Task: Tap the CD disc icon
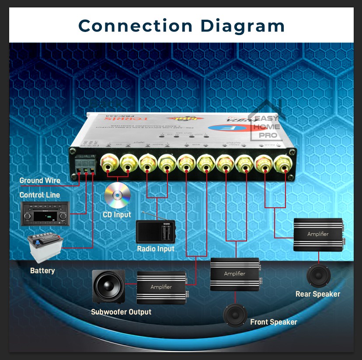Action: [x=118, y=195]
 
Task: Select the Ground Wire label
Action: [x=40, y=180]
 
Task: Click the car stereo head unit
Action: [x=45, y=214]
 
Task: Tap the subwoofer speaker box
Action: [x=108, y=287]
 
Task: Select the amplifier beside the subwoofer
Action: [x=161, y=287]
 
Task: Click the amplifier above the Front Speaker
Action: [x=235, y=274]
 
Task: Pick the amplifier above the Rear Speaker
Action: [x=318, y=234]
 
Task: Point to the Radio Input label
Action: [x=156, y=248]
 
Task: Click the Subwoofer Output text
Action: [x=121, y=312]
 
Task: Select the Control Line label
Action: [x=40, y=195]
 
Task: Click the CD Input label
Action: [x=117, y=215]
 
